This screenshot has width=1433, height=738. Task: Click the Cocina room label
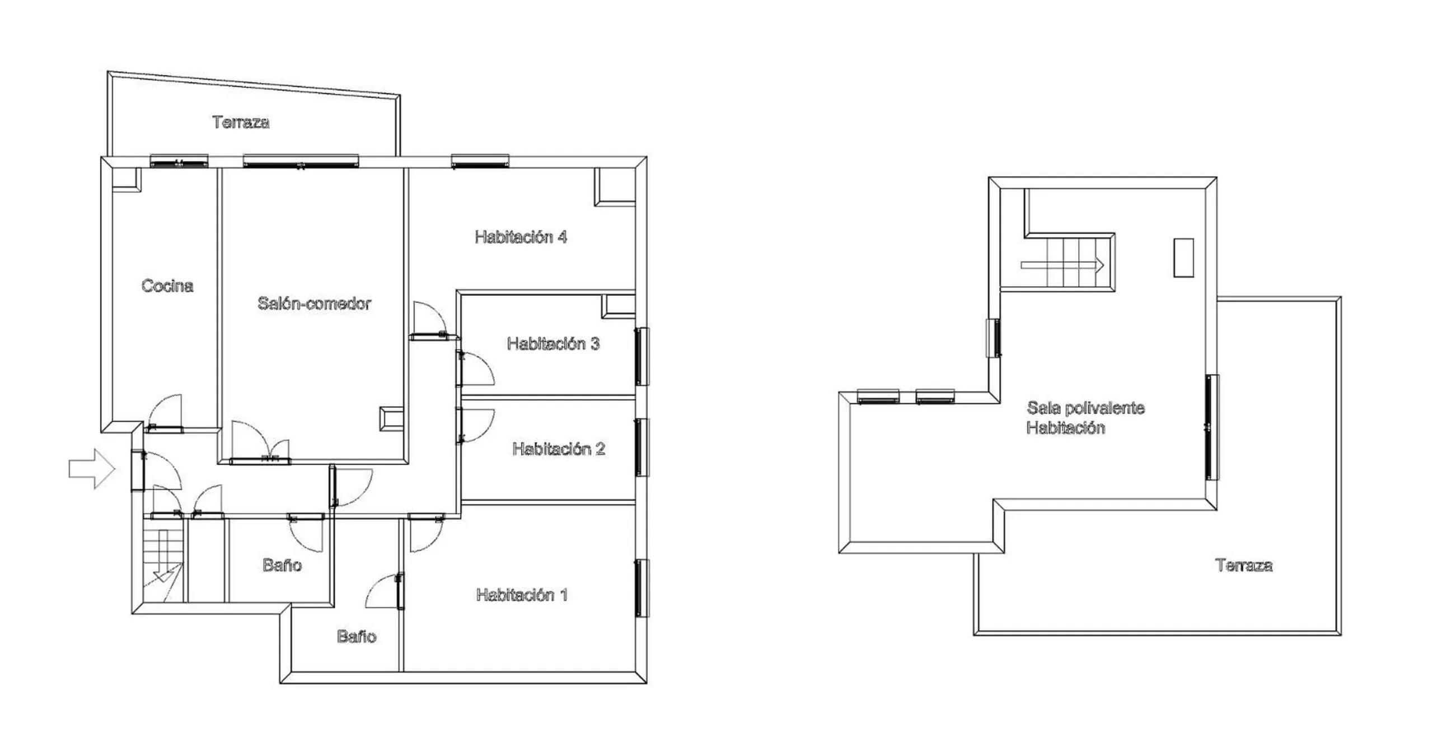[x=167, y=286]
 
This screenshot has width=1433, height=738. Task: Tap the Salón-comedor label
[x=314, y=303]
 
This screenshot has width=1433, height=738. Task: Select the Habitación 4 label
[x=521, y=237]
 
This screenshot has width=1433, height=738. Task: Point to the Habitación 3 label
[x=553, y=343]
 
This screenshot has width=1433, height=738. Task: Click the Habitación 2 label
[x=559, y=449]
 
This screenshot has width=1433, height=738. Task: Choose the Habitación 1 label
[x=522, y=595]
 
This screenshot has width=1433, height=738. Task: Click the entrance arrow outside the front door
[x=92, y=469]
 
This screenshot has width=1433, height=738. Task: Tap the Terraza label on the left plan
[x=241, y=122]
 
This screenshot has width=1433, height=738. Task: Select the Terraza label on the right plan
[x=1244, y=565]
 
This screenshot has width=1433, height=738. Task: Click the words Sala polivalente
[x=1085, y=408]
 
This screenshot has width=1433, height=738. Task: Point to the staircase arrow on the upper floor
[x=1062, y=265]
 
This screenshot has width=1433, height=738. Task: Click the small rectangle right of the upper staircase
[x=1183, y=258]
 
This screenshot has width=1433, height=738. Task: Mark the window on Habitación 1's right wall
[x=641, y=587]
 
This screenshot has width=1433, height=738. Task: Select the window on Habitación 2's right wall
[x=641, y=447]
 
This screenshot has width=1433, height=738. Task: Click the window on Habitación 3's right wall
[x=641, y=357]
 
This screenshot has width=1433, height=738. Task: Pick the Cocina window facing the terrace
[x=179, y=161]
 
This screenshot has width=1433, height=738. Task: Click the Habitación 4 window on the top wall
[x=480, y=161]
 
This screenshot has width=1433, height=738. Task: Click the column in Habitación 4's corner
[x=614, y=186]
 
